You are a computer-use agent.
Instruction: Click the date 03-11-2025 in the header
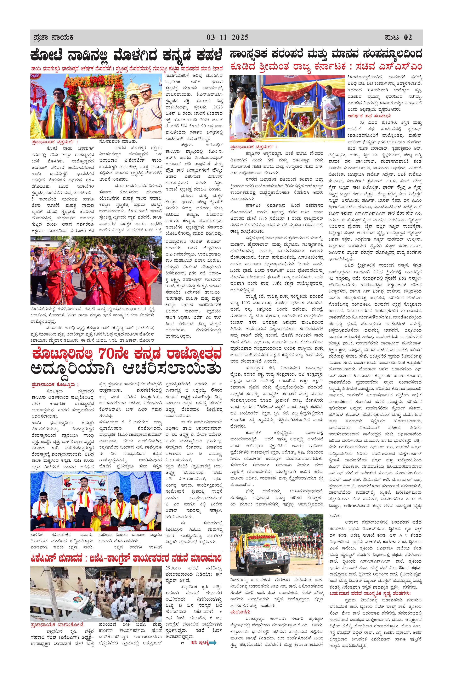point(227,37)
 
